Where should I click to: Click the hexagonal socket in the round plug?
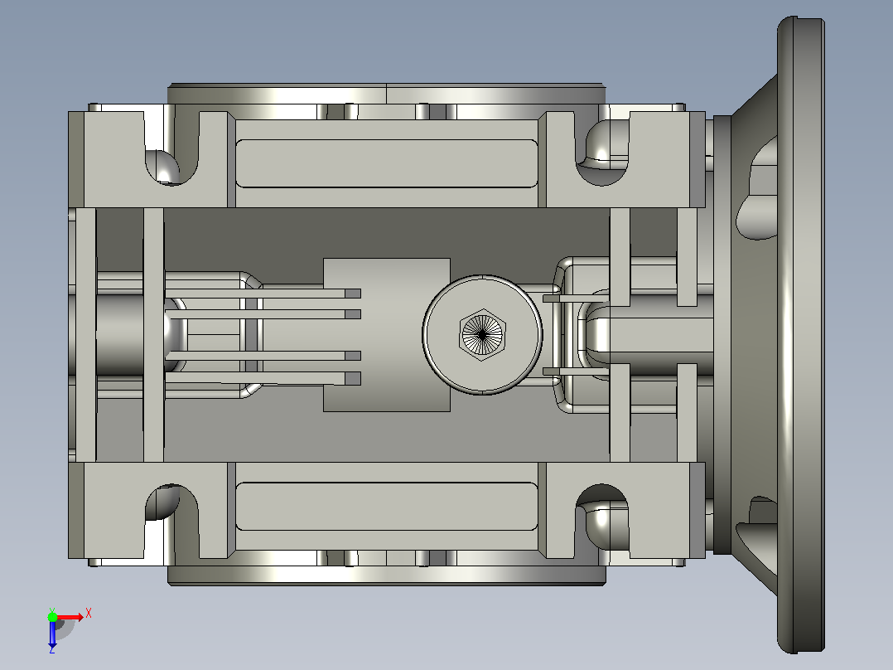tap(482, 335)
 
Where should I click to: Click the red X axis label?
tap(89, 614)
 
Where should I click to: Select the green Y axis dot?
tap(52, 617)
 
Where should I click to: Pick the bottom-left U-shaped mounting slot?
tap(171, 519)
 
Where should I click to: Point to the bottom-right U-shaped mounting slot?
tap(602, 519)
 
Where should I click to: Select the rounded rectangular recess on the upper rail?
tap(387, 163)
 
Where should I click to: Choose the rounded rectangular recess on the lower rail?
tap(387, 507)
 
